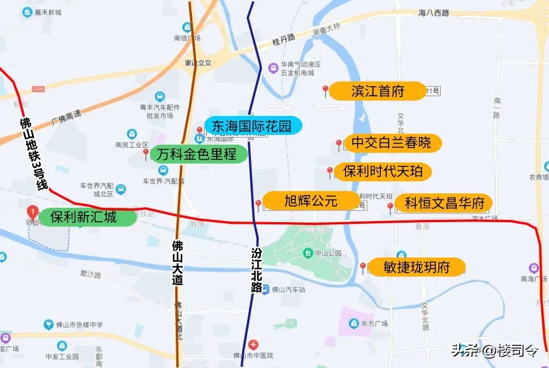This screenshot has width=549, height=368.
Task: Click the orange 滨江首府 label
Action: pyautogui.click(x=378, y=91)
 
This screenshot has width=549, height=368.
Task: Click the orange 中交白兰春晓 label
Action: pyautogui.click(x=391, y=144)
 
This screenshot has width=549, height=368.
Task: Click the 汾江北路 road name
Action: pyautogui.click(x=256, y=270)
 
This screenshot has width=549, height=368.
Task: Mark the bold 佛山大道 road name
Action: pyautogui.click(x=177, y=262)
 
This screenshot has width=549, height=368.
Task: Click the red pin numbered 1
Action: pyautogui.click(x=33, y=212)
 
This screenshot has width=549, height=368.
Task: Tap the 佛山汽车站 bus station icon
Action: pyautogui.click(x=265, y=289)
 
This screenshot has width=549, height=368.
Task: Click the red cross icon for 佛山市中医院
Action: pyautogui.click(x=253, y=344)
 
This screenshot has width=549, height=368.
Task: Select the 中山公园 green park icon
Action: pyautogui.click(x=307, y=253)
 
